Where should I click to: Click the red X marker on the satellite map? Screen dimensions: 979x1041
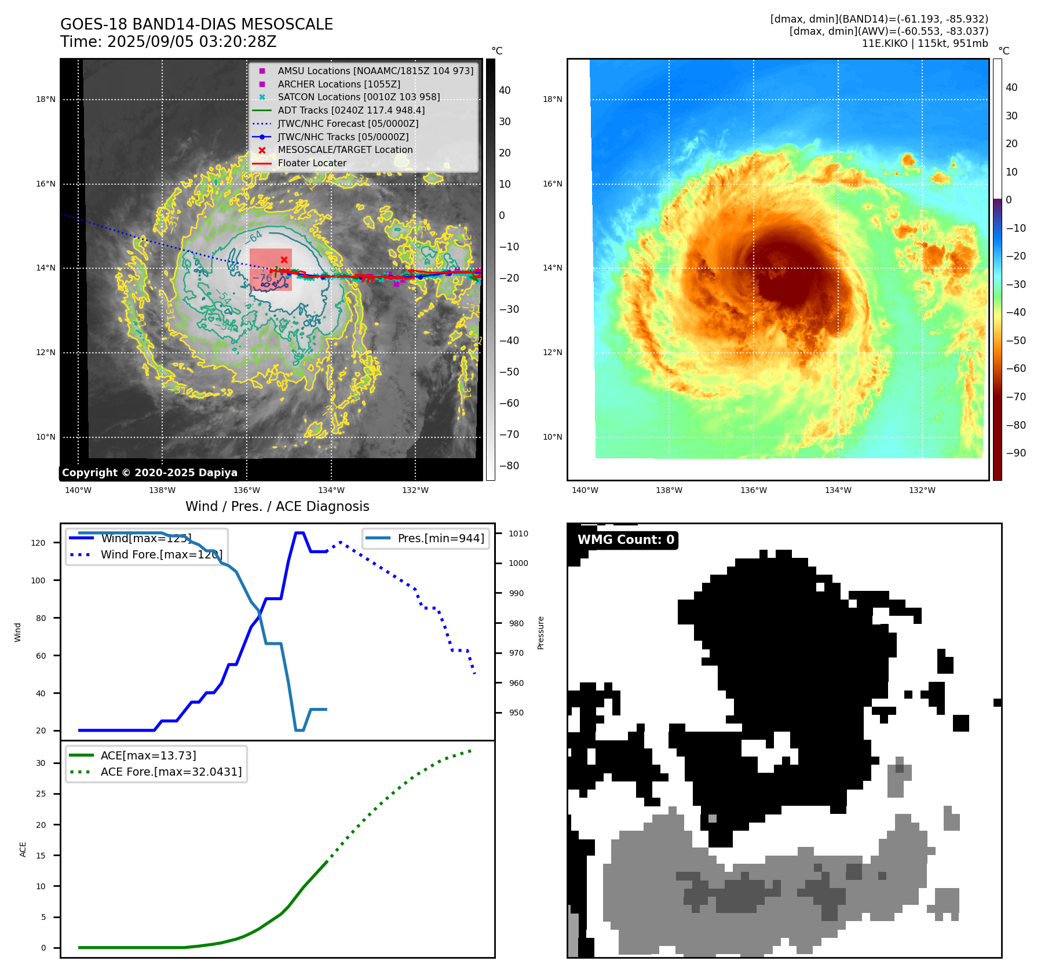(x=284, y=260)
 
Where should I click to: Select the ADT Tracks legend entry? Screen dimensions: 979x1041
(x=351, y=110)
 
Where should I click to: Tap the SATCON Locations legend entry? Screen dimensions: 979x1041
(x=359, y=97)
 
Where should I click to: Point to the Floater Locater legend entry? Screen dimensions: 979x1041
(x=312, y=163)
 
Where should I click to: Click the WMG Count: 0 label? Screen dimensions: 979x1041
(x=626, y=540)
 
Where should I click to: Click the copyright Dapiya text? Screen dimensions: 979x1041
(x=149, y=473)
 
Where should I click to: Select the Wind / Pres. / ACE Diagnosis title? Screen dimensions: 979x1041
(x=277, y=506)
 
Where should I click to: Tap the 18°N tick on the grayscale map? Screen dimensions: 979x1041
(x=46, y=100)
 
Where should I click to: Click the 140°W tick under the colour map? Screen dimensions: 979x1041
(x=585, y=491)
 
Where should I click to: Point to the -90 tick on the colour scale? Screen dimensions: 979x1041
(x=1016, y=453)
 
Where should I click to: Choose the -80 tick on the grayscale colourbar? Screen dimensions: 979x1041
(x=509, y=466)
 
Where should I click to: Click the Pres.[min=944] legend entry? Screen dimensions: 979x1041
(x=440, y=538)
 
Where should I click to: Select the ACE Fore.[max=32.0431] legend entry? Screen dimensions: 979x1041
(x=171, y=772)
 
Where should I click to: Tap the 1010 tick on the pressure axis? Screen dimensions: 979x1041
(x=518, y=534)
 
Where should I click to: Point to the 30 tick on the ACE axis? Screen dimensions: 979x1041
(x=41, y=763)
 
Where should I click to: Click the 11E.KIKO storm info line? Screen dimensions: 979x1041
(x=925, y=43)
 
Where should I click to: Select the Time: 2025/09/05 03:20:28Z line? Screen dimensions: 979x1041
(x=168, y=42)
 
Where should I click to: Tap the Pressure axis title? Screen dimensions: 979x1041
(x=540, y=633)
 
